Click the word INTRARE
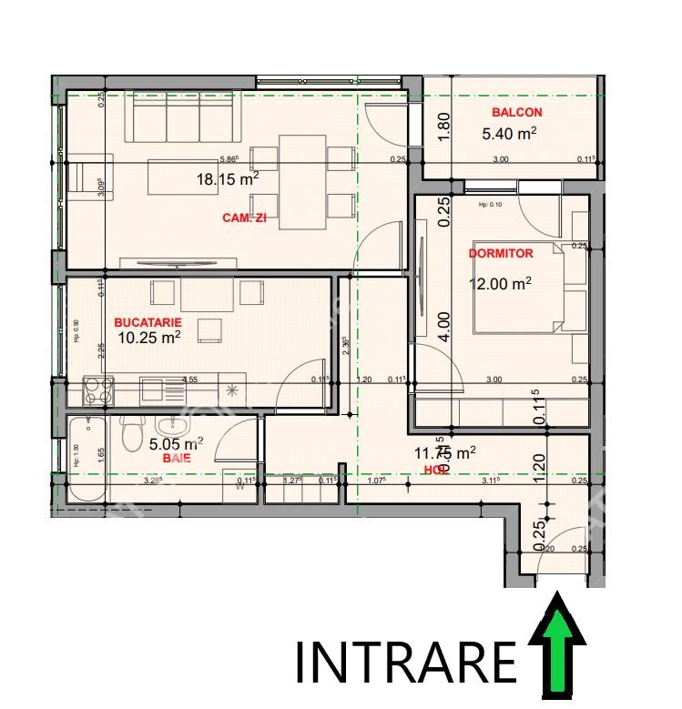[x=405, y=661]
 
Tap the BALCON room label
[x=516, y=113]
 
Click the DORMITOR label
[x=501, y=253]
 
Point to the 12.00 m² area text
[x=500, y=283]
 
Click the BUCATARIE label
[x=148, y=322]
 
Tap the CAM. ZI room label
[x=244, y=218]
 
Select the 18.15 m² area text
[x=228, y=179]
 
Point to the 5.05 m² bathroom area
[x=175, y=444]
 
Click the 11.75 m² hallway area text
[x=445, y=452]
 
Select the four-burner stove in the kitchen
[x=97, y=390]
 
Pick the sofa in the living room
[x=182, y=118]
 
